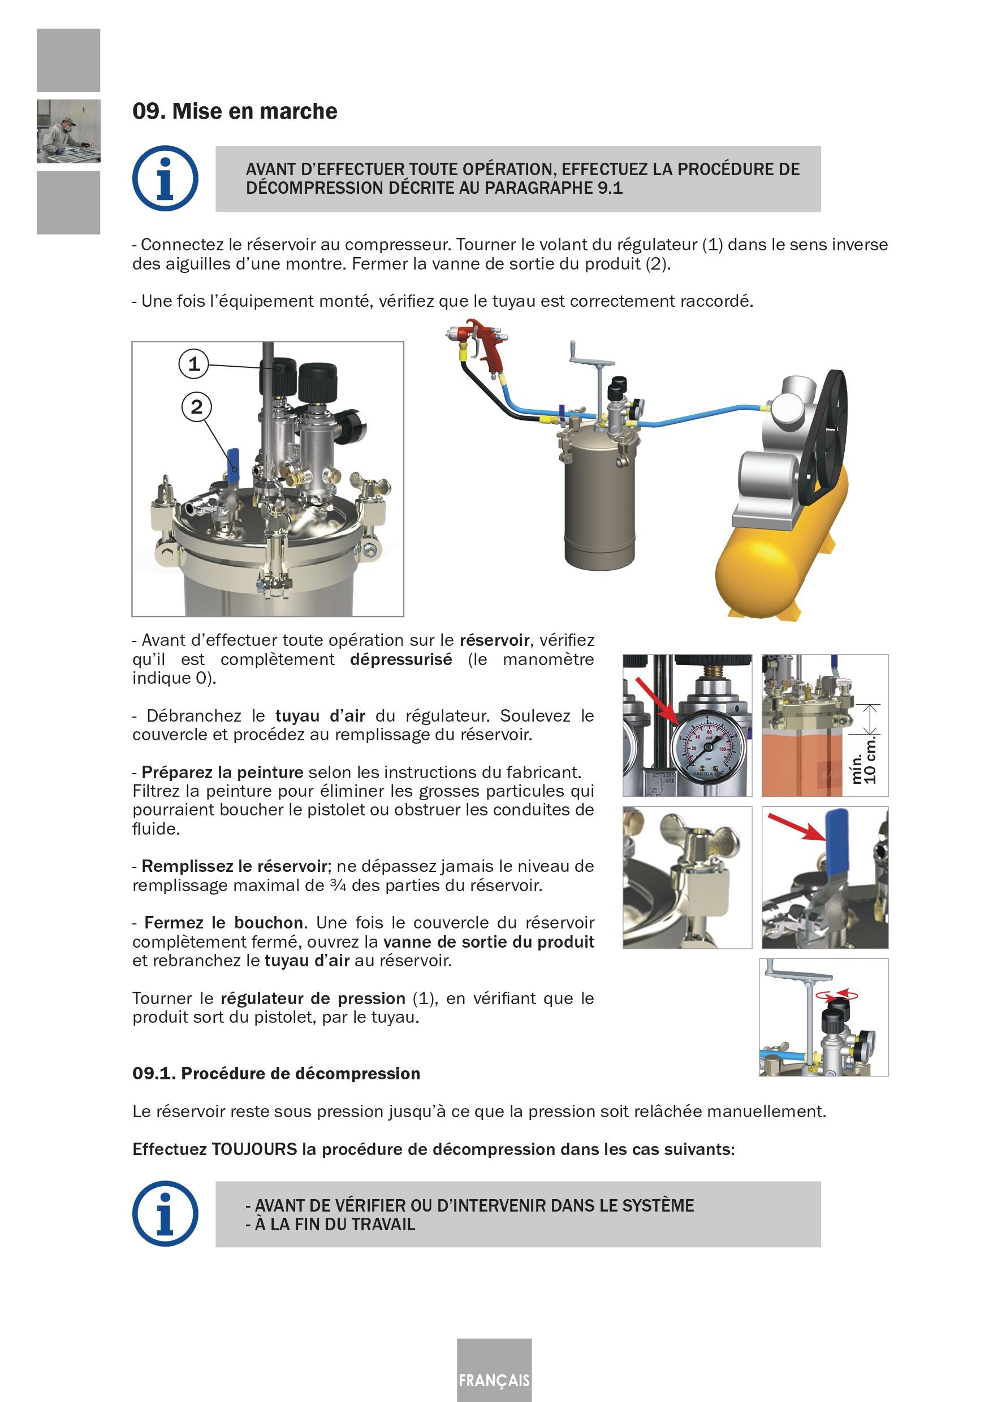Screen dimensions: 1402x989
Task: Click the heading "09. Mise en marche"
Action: (235, 112)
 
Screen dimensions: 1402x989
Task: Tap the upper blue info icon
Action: (165, 179)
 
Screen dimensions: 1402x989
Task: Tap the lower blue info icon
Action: (165, 1214)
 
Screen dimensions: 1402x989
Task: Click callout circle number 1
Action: (193, 364)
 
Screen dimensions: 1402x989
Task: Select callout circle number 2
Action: (196, 407)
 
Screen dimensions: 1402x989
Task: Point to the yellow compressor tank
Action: (782, 550)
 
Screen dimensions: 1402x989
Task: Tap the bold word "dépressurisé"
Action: (401, 659)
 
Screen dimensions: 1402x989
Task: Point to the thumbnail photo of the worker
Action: (68, 131)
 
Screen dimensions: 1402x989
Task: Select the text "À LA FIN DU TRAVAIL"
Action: (335, 1225)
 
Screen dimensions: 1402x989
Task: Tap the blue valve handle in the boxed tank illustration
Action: (234, 462)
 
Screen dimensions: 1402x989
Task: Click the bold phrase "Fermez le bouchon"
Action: (223, 923)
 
